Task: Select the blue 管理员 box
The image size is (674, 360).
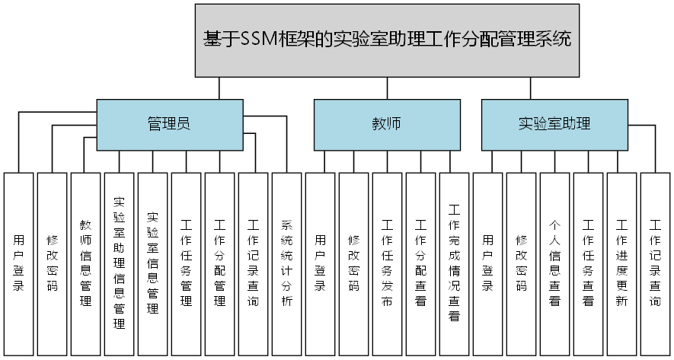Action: [x=168, y=123]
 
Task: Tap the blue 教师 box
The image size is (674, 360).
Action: [x=386, y=123]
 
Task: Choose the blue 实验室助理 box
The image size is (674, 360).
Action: [x=554, y=123]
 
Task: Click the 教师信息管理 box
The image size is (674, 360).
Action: [x=85, y=263]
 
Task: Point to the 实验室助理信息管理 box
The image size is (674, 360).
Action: [x=119, y=263]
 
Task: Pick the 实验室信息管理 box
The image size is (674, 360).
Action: [x=152, y=263]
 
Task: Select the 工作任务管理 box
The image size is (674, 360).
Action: [x=186, y=263]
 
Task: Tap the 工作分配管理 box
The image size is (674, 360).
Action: [x=219, y=263]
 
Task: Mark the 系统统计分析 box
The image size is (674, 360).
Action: [x=286, y=263]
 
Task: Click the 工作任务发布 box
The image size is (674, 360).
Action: [x=387, y=263]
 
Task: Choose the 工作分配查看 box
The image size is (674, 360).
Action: [x=420, y=263]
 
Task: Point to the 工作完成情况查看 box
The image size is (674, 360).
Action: [x=454, y=263]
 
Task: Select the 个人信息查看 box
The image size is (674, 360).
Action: [x=554, y=263]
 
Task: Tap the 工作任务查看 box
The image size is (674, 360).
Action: [x=588, y=263]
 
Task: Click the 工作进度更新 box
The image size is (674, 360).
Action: [x=621, y=263]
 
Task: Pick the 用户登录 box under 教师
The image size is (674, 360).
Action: [x=320, y=263]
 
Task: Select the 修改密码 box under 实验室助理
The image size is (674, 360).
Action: [x=521, y=263]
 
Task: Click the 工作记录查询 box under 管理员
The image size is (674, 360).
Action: [x=253, y=263]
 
